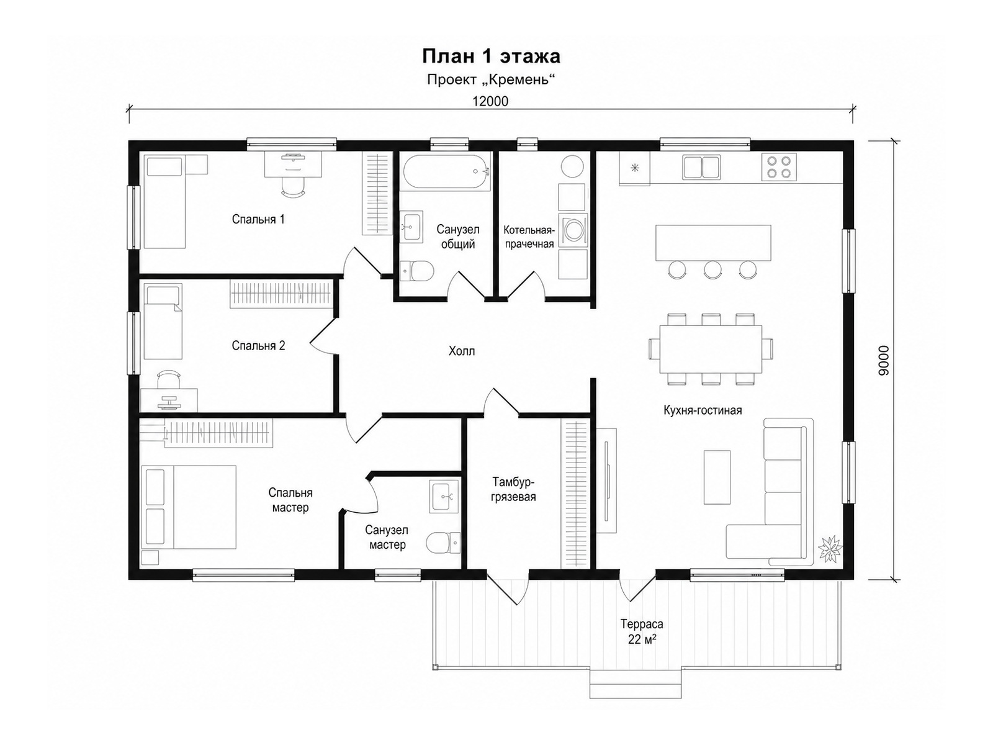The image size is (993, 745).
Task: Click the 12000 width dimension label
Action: pyautogui.click(x=490, y=101)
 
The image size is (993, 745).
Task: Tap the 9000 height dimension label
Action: pyautogui.click(x=883, y=361)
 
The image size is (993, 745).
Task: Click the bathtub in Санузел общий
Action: pyautogui.click(x=446, y=172)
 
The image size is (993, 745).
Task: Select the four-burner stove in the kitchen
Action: pyautogui.click(x=779, y=167)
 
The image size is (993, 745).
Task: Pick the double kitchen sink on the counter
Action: pyautogui.click(x=701, y=167)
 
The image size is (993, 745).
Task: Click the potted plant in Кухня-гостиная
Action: pyautogui.click(x=830, y=549)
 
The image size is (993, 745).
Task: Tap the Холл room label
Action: pyautogui.click(x=462, y=351)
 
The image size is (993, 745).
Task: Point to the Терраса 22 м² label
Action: pyautogui.click(x=642, y=631)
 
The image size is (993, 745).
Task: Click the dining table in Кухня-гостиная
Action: pyautogui.click(x=710, y=349)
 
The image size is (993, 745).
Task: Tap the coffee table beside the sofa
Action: pyautogui.click(x=717, y=477)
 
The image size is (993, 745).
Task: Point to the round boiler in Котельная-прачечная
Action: pyautogui.click(x=572, y=166)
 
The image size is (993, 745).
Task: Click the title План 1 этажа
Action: pyautogui.click(x=492, y=56)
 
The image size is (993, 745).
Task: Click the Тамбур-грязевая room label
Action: pyautogui.click(x=513, y=489)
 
